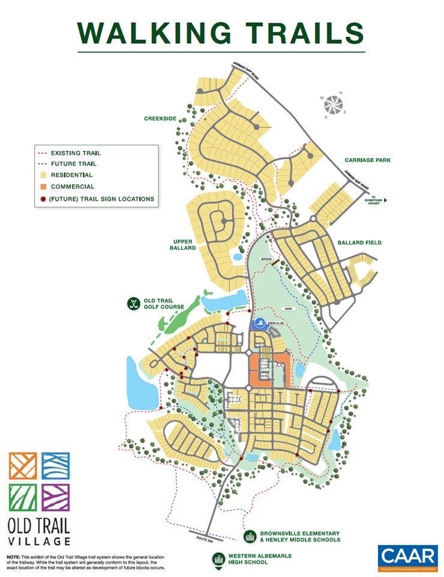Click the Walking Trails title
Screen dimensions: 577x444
coord(221,33)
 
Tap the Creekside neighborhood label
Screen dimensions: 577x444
coord(160,118)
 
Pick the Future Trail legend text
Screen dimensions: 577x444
coord(74,163)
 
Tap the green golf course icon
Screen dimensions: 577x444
coord(133,303)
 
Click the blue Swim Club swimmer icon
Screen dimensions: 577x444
coord(259,325)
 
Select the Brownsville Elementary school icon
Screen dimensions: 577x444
coord(248,536)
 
